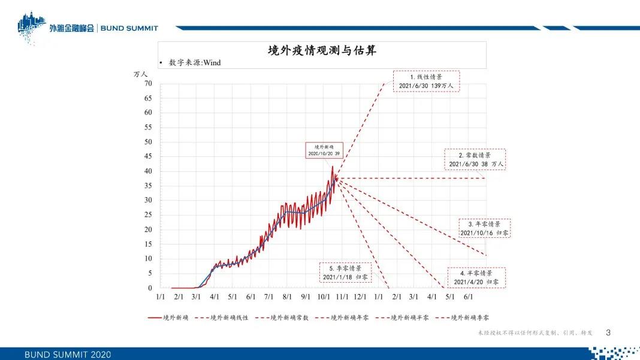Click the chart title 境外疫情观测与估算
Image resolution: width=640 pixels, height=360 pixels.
coord(322,50)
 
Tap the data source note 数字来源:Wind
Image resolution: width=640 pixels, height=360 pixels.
coord(195,62)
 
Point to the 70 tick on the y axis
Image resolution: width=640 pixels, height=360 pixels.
coord(148,83)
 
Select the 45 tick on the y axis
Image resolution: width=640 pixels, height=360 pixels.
coord(148,156)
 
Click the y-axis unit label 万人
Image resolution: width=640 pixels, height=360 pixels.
coord(140,74)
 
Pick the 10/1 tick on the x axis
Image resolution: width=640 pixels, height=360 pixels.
coord(324,297)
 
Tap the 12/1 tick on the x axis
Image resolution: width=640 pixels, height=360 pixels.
coord(360,297)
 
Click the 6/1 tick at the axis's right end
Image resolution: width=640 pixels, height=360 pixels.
coord(468,297)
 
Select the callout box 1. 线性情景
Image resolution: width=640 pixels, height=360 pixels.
coord(427,81)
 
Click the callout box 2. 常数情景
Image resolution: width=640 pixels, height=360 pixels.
coord(475,159)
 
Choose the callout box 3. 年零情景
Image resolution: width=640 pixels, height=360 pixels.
coord(484,228)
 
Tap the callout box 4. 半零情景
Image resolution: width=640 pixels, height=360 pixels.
coord(477,277)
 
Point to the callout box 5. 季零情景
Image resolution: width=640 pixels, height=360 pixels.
coord(346,273)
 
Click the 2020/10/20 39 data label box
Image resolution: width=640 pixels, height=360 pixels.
coord(324,150)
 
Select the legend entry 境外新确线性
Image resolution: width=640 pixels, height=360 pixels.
coord(222,317)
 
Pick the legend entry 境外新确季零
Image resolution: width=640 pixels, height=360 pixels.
coord(463,317)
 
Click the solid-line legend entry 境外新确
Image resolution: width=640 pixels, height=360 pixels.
coord(168,317)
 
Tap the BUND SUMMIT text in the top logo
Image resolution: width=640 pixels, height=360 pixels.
coord(129,28)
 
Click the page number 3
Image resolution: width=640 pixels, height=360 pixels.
coord(608,332)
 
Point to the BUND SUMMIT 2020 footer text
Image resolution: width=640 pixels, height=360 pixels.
coord(68,354)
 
